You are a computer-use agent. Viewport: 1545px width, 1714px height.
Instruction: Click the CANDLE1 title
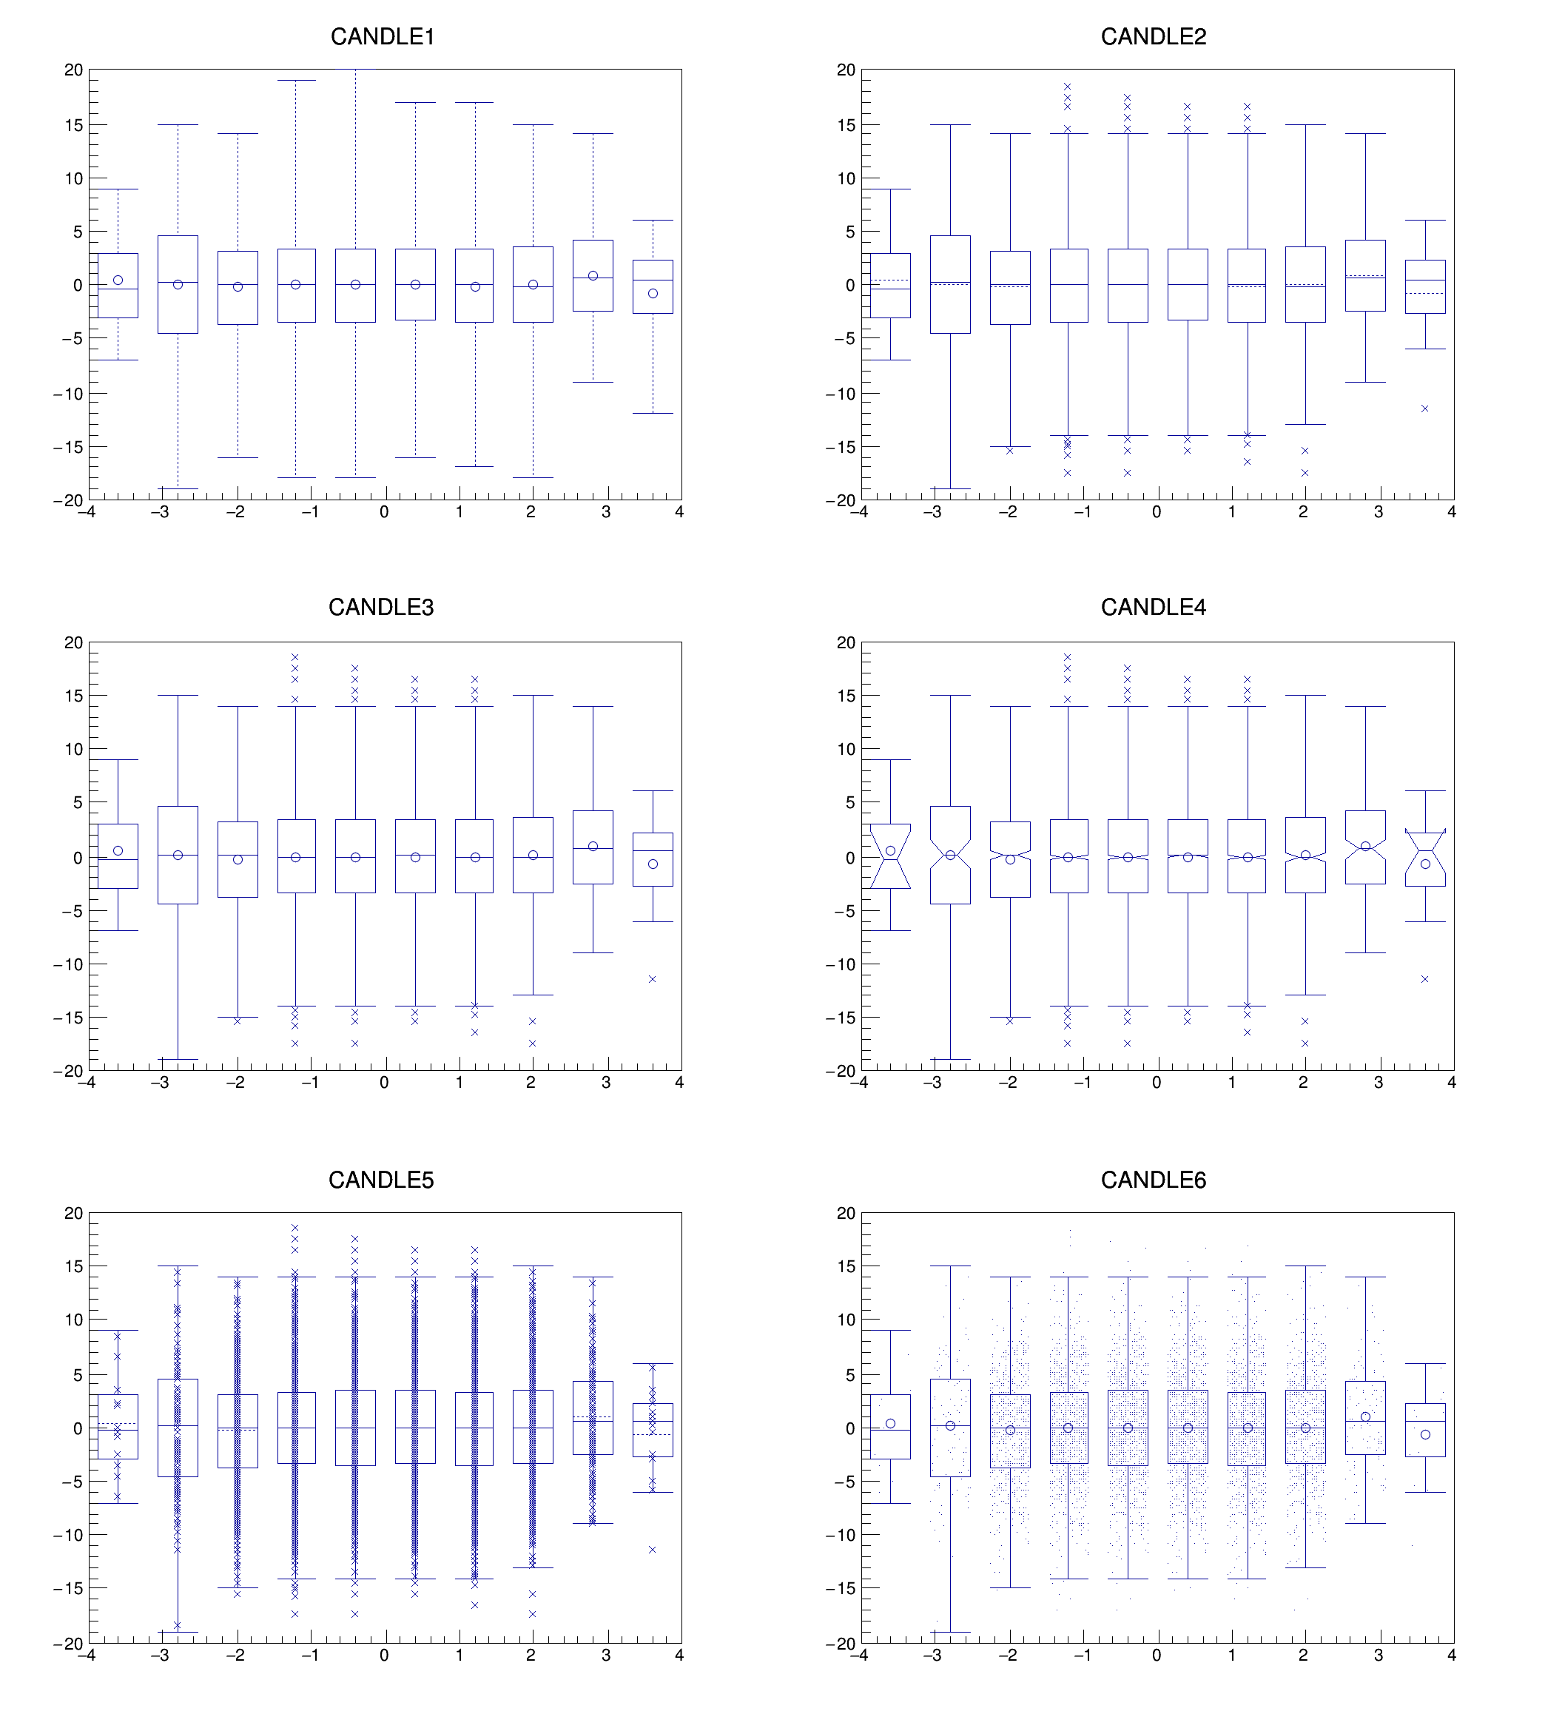coord(382,36)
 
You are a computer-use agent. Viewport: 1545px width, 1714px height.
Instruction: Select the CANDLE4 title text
coord(1153,607)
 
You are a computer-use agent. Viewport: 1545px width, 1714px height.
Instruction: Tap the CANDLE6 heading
coord(1153,1179)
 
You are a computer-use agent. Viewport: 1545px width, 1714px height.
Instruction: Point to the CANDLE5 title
coord(380,1179)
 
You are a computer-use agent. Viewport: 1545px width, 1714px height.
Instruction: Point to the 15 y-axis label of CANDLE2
coord(846,125)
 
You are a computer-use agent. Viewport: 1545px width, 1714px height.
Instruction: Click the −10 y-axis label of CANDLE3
coord(68,964)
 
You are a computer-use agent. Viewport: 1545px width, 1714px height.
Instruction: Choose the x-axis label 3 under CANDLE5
coord(605,1655)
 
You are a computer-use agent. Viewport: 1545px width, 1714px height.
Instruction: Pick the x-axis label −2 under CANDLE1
coord(235,512)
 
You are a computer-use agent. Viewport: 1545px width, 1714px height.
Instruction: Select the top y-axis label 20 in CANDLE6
coord(846,1213)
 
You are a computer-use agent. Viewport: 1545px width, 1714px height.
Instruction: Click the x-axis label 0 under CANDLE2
coord(1157,512)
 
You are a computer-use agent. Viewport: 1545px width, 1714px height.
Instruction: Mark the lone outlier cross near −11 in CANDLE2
coord(1424,409)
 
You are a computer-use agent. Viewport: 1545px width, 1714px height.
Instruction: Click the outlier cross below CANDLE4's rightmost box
coord(1424,979)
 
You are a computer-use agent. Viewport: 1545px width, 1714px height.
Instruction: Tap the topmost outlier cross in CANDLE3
coord(295,657)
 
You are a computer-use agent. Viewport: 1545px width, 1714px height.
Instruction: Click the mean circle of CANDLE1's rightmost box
coord(653,294)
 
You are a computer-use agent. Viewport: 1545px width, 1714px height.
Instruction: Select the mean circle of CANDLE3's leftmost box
coord(118,850)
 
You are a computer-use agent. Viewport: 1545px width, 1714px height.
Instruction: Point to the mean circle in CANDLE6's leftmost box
coord(890,1424)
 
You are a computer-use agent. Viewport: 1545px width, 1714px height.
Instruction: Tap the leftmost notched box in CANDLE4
coord(890,856)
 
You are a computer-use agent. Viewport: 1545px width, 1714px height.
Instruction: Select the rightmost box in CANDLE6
coord(1424,1431)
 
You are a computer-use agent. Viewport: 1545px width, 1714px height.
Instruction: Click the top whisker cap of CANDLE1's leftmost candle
coord(118,189)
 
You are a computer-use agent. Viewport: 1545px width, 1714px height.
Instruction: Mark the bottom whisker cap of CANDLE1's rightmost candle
coord(653,414)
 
